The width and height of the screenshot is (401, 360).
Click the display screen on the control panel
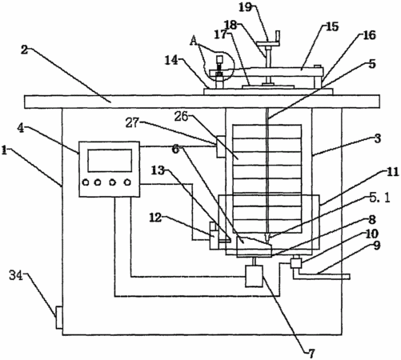(110, 161)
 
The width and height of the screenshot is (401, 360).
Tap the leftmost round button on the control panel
(86, 182)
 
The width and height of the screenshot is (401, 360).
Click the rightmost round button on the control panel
(128, 182)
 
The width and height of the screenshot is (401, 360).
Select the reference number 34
(16, 275)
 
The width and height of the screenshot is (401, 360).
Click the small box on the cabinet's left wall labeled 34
(59, 318)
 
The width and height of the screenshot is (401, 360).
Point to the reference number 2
(25, 50)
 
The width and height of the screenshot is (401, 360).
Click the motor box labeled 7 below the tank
(254, 276)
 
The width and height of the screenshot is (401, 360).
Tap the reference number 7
(311, 354)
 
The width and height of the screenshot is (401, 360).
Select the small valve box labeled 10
(296, 263)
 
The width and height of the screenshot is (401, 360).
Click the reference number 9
(377, 246)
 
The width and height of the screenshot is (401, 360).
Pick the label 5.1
(379, 198)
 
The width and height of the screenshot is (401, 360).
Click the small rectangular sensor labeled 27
(221, 146)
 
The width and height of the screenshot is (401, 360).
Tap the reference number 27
(133, 122)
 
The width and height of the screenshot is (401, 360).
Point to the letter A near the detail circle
(194, 41)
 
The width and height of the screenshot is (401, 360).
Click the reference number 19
(245, 7)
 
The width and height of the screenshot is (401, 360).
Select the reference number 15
(332, 26)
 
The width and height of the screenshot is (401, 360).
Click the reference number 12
(155, 218)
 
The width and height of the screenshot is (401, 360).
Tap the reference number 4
(21, 128)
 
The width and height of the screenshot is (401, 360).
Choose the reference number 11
(392, 172)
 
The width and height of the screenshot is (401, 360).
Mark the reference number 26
(181, 117)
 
